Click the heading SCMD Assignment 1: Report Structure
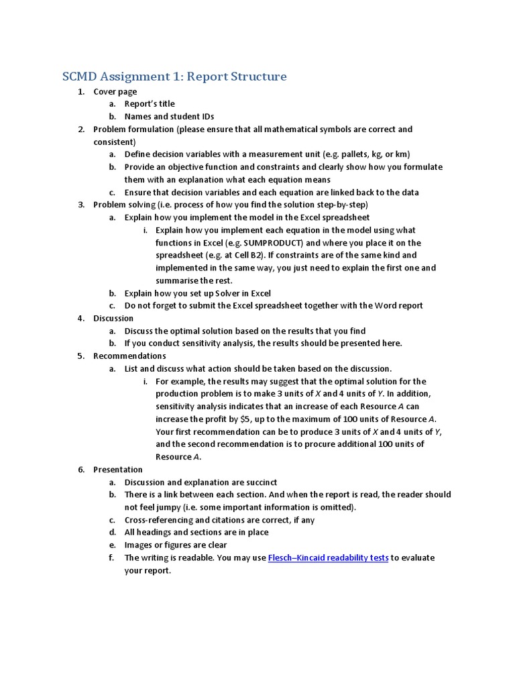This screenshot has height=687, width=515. [174, 76]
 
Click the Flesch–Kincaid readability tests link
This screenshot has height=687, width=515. [328, 558]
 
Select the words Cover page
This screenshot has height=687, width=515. [115, 91]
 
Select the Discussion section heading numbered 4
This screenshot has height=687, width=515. [113, 318]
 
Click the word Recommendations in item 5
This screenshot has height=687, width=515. [129, 356]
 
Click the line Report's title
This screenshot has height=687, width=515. [150, 104]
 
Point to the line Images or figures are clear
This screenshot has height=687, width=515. [176, 545]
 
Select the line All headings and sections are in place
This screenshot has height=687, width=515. [196, 532]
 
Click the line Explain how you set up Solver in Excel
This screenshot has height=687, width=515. [198, 293]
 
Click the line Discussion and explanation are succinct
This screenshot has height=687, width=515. [201, 482]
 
